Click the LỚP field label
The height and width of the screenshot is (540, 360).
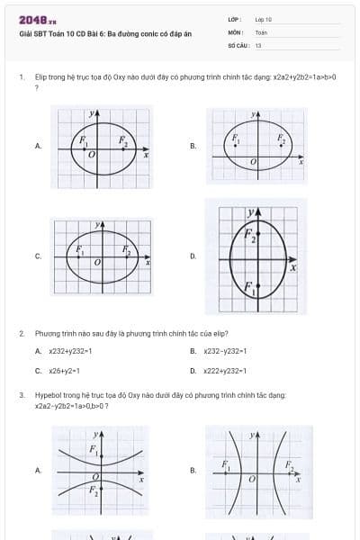pos(234,19)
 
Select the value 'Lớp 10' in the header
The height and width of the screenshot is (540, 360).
pos(264,19)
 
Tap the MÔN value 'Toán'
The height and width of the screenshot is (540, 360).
pos(261,31)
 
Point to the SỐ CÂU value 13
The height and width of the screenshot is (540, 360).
pos(258,44)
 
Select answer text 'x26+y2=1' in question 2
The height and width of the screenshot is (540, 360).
pos(66,370)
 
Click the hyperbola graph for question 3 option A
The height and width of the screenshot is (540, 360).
pos(102,470)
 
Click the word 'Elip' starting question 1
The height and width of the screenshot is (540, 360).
pos(40,78)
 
